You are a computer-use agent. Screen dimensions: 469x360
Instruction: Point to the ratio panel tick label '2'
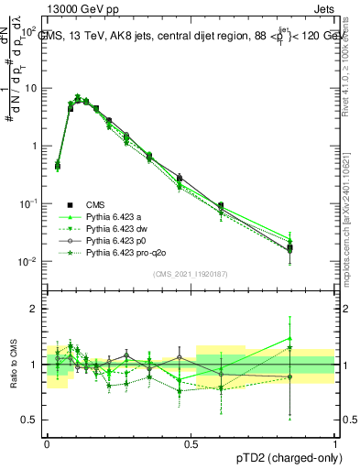(35, 310)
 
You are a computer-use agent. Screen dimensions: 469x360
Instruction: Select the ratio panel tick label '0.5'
(29, 420)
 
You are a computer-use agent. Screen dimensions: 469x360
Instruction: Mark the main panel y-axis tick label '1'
(35, 147)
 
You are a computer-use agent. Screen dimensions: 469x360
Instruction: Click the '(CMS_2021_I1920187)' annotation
(191, 274)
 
